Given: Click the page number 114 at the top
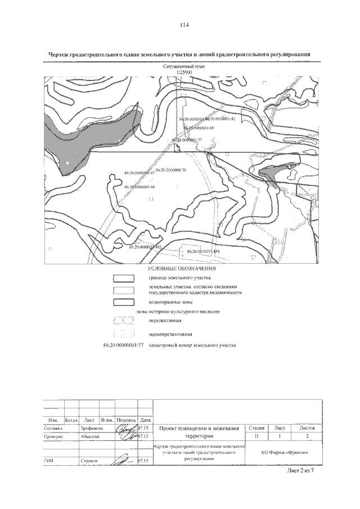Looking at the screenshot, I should [x=183, y=25].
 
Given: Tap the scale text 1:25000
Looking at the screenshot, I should [x=184, y=73].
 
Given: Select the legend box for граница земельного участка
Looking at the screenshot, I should [x=123, y=278].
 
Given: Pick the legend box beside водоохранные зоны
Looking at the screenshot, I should [x=123, y=301].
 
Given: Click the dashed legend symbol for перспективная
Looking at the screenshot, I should [x=123, y=321].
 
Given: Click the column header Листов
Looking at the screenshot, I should [x=307, y=428].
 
